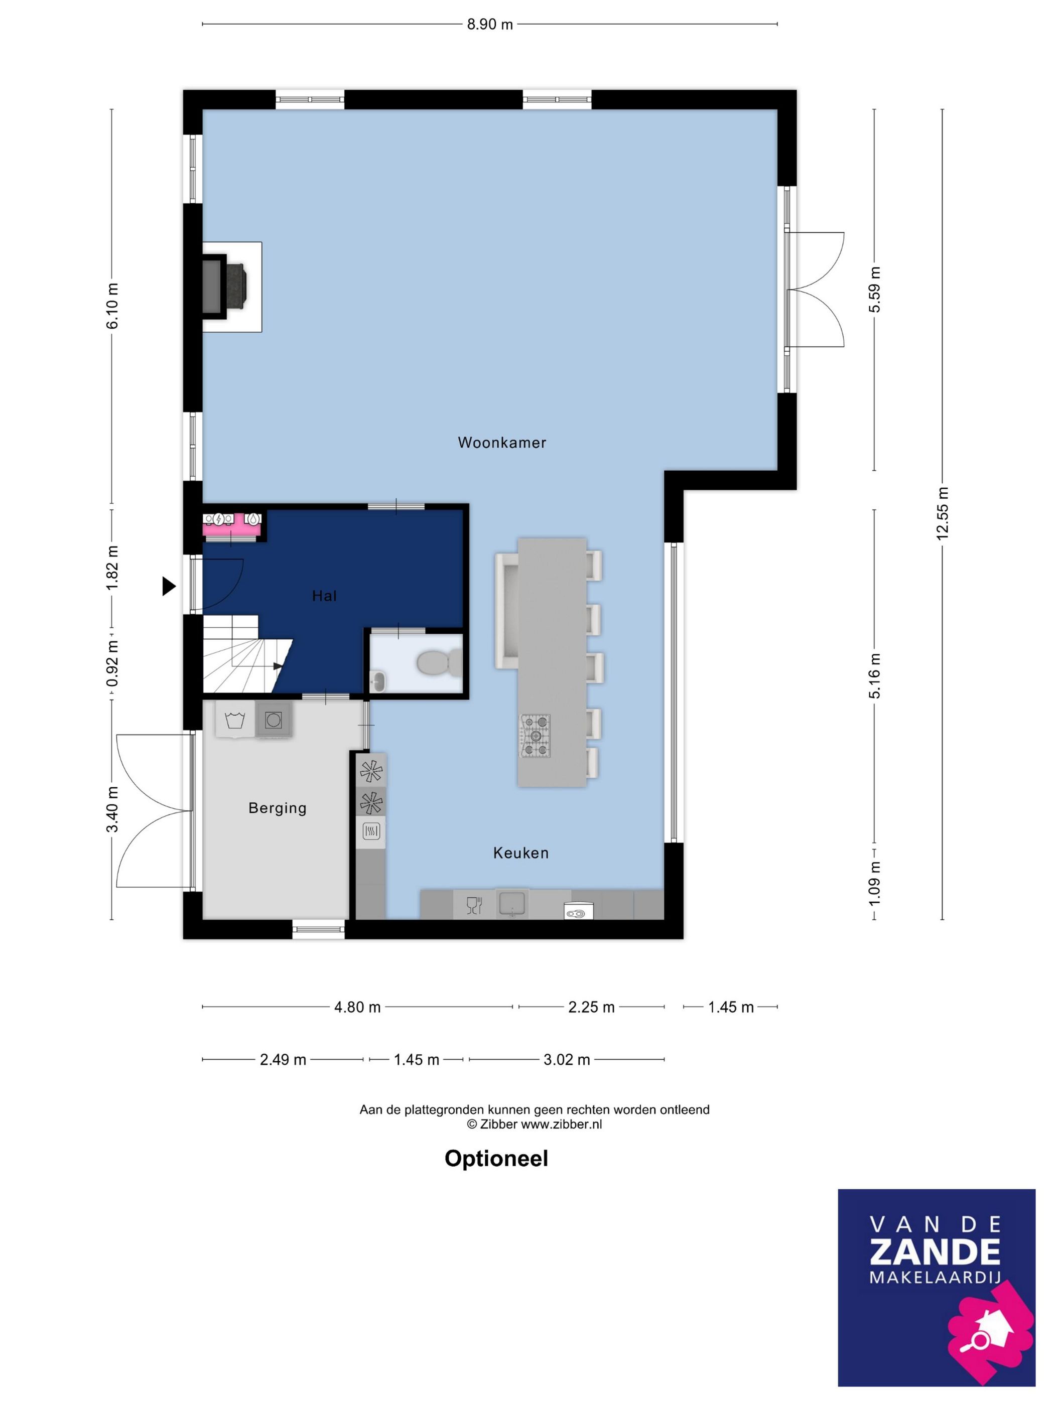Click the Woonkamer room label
502,442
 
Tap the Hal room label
324,595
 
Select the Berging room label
278,808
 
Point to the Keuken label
521,853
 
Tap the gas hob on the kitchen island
536,736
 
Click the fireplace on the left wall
225,286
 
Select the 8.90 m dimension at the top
490,25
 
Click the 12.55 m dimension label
942,513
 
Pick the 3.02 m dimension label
567,1059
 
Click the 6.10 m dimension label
112,306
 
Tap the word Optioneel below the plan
496,1159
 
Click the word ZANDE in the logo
935,1251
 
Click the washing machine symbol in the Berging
235,720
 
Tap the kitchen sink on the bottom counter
512,903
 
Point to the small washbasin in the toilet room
377,681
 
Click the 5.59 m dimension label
875,289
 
